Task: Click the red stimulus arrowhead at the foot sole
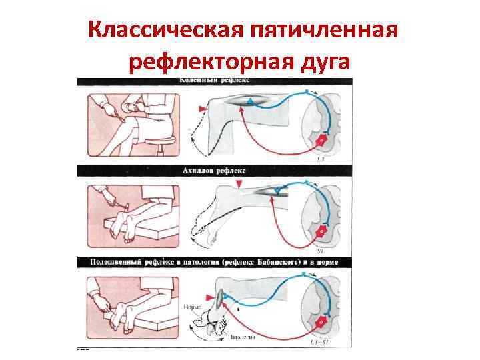tap(212, 296)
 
